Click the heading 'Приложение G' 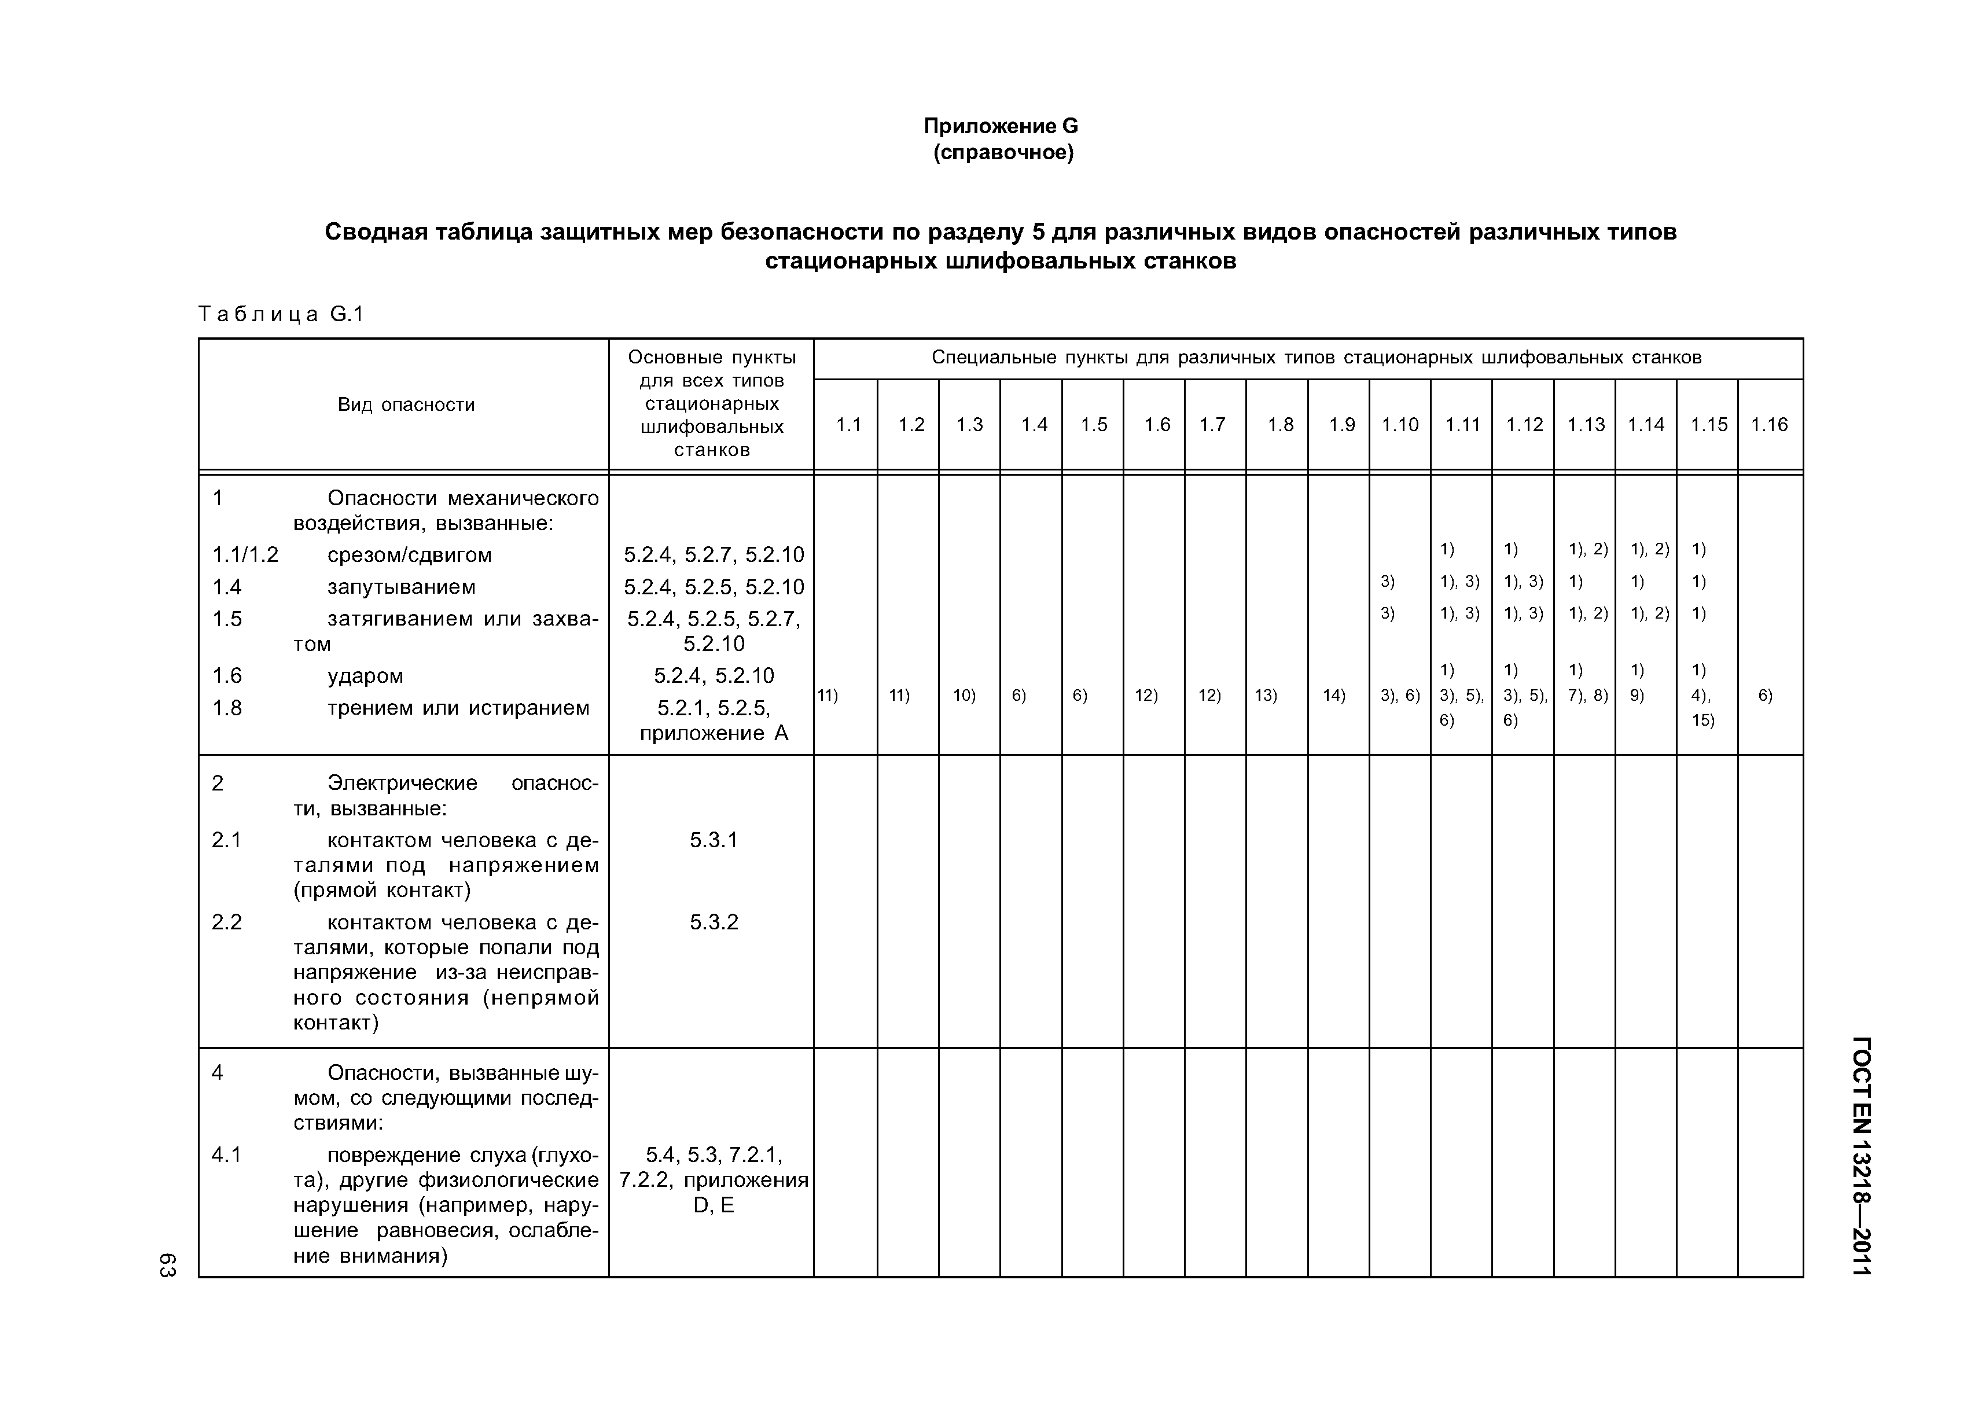[x=1001, y=127]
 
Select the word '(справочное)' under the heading [x=1003, y=154]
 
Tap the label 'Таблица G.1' [x=281, y=314]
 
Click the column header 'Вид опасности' [x=406, y=405]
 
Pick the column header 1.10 [x=1399, y=425]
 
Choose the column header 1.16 [x=1769, y=425]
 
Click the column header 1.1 [x=848, y=425]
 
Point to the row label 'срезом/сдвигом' [x=409, y=555]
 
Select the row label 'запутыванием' [x=402, y=587]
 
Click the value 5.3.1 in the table [x=713, y=840]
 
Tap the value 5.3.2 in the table [x=713, y=922]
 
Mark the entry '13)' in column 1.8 [x=1266, y=695]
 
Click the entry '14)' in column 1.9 [x=1334, y=695]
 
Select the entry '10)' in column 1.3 [x=964, y=695]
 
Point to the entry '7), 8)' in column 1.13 [x=1587, y=695]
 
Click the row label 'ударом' [x=365, y=676]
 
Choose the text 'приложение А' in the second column [x=713, y=734]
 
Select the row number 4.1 [x=226, y=1155]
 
